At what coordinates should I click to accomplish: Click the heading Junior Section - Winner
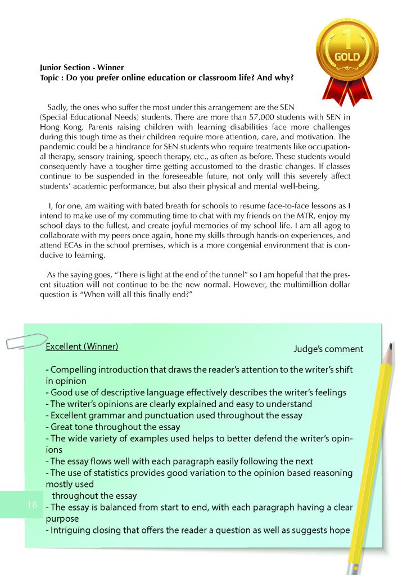[82, 67]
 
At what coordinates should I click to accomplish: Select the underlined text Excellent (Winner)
[82, 346]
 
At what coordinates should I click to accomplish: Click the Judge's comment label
[328, 349]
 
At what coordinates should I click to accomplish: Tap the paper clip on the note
[25, 340]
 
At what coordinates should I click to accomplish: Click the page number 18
[32, 504]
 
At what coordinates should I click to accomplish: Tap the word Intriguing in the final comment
[71, 530]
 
